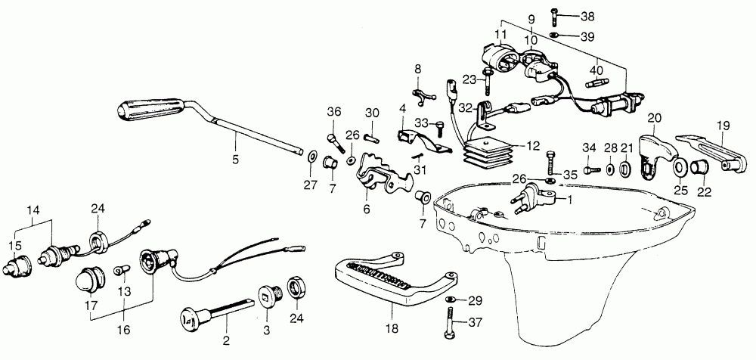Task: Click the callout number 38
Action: [587, 15]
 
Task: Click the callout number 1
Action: [569, 200]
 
